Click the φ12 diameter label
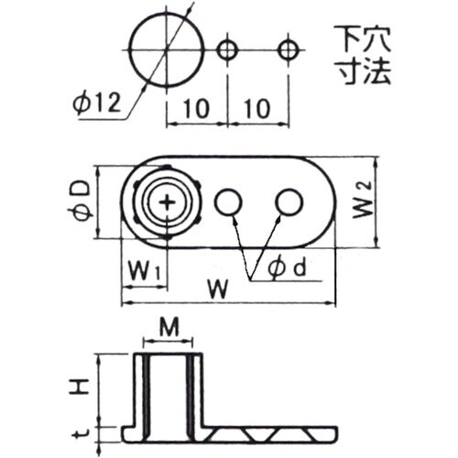coord(97,104)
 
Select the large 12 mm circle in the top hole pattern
coord(167,49)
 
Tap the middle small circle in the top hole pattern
coord(227,49)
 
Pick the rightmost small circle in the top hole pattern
coord(289,49)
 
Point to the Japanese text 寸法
coord(362,73)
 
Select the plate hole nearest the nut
coord(228,202)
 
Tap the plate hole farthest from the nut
coord(289,202)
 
